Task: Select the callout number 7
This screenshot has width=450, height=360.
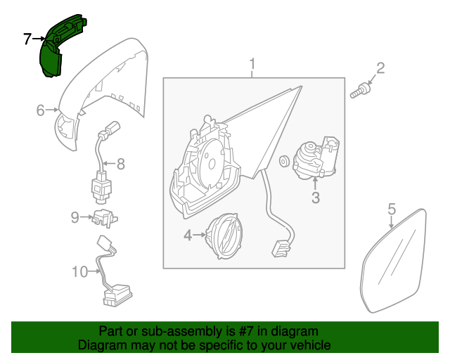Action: click(27, 39)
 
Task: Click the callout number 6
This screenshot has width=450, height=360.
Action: click(40, 110)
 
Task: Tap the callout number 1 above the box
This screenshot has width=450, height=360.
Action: click(252, 64)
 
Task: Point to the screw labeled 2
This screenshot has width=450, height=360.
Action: click(361, 90)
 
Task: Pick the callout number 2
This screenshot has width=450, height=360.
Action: click(380, 68)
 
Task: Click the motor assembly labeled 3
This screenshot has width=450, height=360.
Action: click(316, 158)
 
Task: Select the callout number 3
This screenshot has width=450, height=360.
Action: click(316, 198)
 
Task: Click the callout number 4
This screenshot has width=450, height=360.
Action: click(188, 235)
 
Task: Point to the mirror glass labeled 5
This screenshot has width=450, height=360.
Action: click(393, 262)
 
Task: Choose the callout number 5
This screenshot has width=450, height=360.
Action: click(392, 209)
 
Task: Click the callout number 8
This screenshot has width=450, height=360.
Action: click(120, 164)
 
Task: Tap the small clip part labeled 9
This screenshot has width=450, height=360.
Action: click(105, 219)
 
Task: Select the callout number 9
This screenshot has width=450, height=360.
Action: click(75, 217)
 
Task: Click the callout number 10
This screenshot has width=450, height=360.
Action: click(79, 271)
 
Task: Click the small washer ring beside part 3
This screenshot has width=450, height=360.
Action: click(284, 161)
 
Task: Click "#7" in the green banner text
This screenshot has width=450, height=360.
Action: click(245, 332)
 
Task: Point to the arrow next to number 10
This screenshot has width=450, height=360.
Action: click(94, 271)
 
